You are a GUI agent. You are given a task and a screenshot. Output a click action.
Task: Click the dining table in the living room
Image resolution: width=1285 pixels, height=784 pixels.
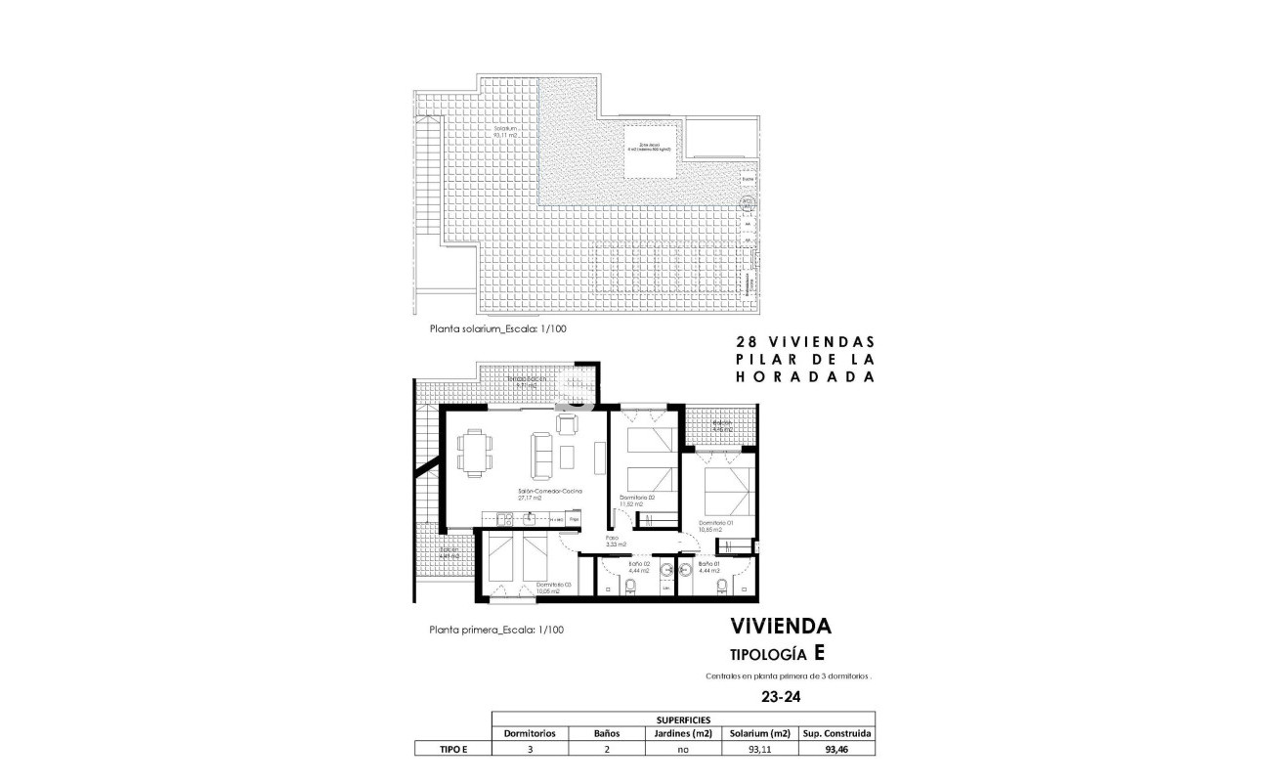tap(474, 454)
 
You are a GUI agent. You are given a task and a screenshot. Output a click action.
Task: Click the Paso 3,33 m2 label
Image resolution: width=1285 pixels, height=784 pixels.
tap(616, 541)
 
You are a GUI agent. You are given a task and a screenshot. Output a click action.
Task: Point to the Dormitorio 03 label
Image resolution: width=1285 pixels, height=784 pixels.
tap(552, 588)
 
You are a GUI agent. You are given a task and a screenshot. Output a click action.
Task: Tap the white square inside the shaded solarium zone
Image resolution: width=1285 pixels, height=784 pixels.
tap(647, 152)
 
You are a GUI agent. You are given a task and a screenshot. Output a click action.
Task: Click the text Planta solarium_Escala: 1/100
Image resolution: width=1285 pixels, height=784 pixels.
tap(498, 329)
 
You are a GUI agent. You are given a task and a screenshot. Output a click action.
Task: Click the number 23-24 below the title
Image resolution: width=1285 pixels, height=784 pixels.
tap(779, 698)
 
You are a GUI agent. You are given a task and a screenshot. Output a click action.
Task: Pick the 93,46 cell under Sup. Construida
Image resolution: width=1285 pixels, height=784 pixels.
tap(836, 750)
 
